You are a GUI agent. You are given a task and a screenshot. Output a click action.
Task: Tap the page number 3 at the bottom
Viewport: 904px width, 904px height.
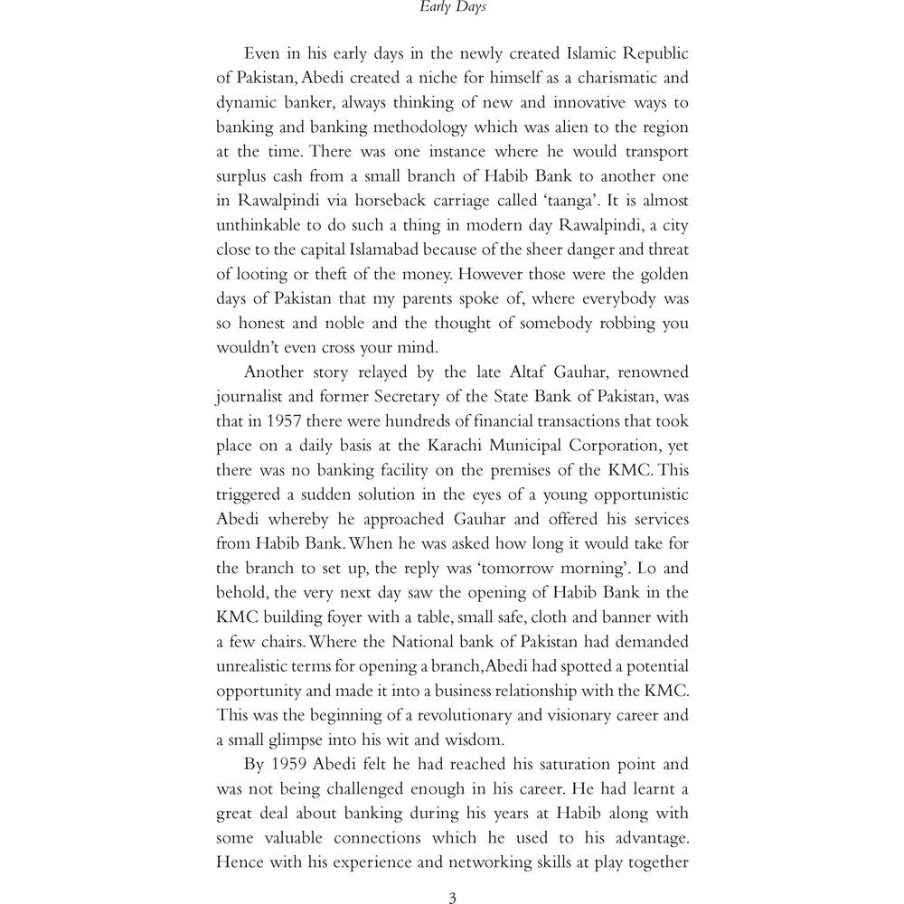point(452,896)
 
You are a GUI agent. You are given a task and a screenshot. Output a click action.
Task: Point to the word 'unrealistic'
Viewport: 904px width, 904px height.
point(258,665)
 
